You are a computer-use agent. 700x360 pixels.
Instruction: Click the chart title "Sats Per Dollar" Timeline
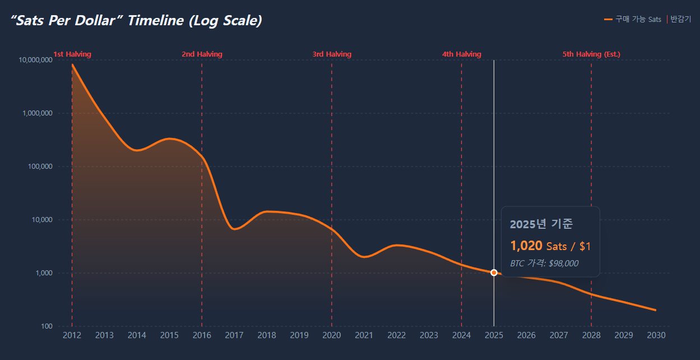tap(137, 21)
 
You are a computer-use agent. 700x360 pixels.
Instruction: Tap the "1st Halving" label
tap(72, 54)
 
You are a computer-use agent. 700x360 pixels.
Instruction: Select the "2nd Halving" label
tap(202, 54)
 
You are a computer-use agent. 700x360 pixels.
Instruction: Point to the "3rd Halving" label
tap(332, 54)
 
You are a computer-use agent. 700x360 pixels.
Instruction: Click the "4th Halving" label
tap(461, 54)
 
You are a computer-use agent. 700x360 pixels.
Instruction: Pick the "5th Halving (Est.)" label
tap(591, 54)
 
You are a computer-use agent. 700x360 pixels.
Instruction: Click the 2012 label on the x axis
tap(72, 335)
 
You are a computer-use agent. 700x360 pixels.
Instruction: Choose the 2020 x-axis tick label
tap(332, 335)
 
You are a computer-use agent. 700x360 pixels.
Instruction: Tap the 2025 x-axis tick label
tap(494, 335)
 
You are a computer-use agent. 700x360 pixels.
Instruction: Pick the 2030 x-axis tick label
tap(656, 335)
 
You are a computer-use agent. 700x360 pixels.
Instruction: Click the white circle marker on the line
tap(494, 273)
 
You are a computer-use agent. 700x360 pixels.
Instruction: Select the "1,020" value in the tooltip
tap(526, 246)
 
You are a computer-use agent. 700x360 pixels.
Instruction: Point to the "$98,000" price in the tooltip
tap(563, 263)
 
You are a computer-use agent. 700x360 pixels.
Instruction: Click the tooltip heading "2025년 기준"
tap(541, 224)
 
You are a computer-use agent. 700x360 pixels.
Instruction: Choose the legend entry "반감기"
tap(680, 19)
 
